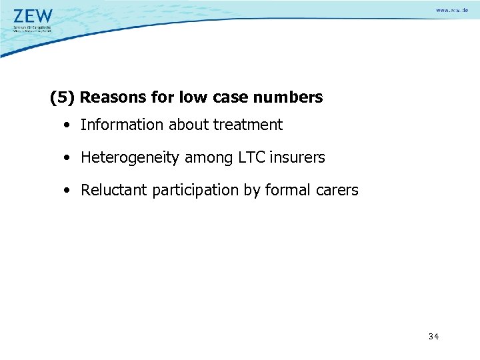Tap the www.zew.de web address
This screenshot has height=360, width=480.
(451, 10)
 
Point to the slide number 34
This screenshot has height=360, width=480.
(433, 337)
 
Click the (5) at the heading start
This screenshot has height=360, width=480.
(63, 97)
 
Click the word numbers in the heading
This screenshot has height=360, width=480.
(291, 97)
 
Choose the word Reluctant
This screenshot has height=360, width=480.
(114, 191)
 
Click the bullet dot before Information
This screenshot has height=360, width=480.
(69, 125)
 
